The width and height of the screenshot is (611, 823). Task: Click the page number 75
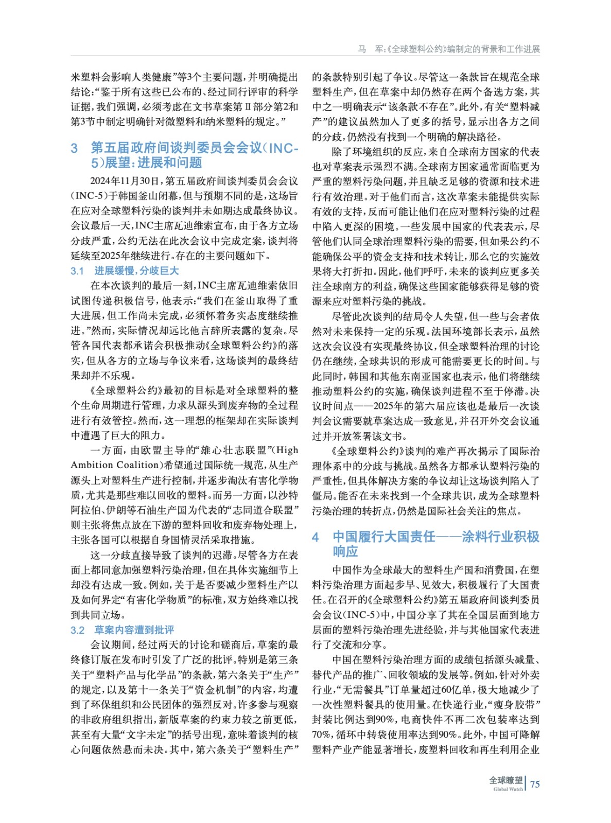[x=535, y=784]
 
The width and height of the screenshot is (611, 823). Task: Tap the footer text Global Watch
[x=508, y=790]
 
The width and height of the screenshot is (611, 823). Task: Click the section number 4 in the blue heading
[x=316, y=538]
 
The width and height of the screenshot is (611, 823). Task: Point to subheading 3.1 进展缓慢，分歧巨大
[x=125, y=271]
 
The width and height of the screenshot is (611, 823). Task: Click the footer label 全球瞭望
[x=505, y=780]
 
